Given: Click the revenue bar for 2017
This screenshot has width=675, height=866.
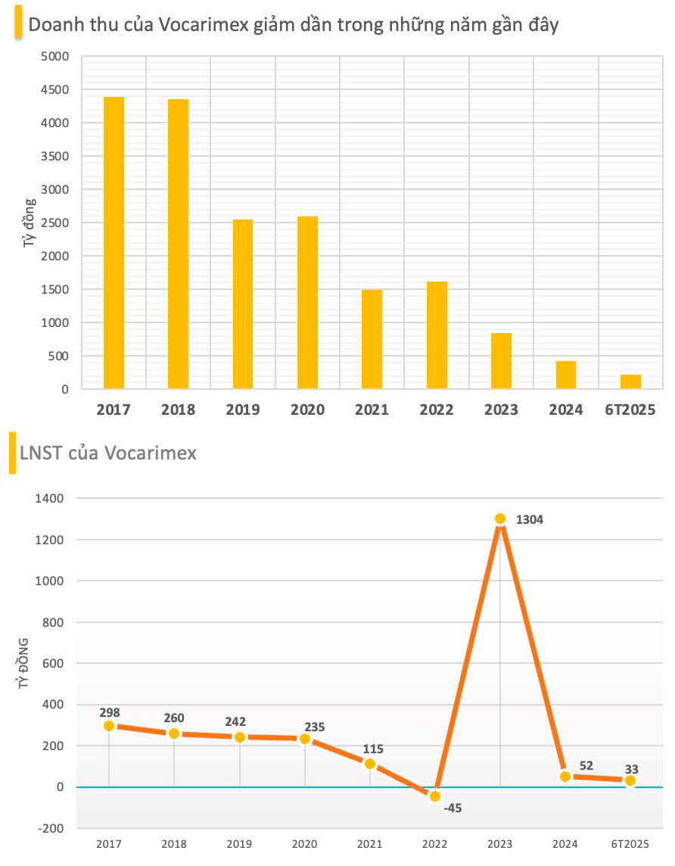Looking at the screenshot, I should click(114, 243).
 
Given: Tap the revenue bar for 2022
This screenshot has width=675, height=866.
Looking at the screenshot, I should click(437, 335).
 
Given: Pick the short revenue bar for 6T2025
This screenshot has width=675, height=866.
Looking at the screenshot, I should click(630, 382).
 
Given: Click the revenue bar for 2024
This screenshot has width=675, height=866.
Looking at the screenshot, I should click(566, 375).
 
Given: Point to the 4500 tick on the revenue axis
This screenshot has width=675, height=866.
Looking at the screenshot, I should click(54, 90).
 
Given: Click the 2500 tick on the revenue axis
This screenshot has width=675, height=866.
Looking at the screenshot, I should click(54, 223).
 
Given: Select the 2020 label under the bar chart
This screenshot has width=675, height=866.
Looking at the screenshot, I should click(307, 410).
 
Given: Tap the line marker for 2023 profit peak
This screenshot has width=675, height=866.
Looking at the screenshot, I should click(500, 519).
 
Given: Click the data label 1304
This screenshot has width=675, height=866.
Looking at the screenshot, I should click(529, 520).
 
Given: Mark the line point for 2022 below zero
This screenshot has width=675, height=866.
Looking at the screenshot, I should click(435, 796).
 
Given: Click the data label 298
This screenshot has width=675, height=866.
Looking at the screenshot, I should click(109, 712).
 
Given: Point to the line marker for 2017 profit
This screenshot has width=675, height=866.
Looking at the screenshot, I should click(109, 726).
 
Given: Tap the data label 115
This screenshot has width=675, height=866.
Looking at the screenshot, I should click(372, 749).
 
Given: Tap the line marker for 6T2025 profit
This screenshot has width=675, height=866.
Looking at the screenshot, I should click(630, 780).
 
